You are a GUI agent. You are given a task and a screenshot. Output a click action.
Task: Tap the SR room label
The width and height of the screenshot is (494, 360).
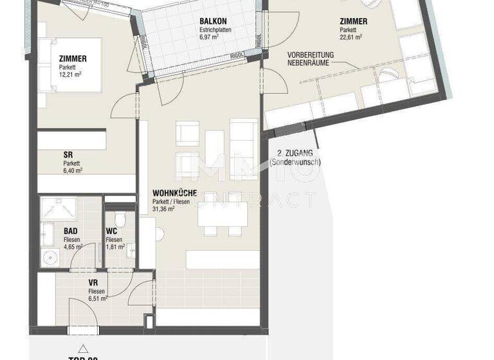[x=68, y=154]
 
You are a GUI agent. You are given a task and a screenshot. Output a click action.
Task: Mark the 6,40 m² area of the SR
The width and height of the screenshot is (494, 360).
[x=73, y=170]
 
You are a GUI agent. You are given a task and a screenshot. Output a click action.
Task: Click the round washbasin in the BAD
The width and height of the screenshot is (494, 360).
[x=49, y=258]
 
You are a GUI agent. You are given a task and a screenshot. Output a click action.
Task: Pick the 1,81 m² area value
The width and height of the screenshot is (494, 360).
[x=116, y=246]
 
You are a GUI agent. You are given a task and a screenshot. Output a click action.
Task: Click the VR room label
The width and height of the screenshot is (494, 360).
[x=93, y=282]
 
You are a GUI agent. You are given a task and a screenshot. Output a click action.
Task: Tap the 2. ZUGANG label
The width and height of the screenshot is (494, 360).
[x=295, y=153]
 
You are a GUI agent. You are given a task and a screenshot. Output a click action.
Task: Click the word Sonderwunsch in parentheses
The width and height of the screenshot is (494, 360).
[x=298, y=162]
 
